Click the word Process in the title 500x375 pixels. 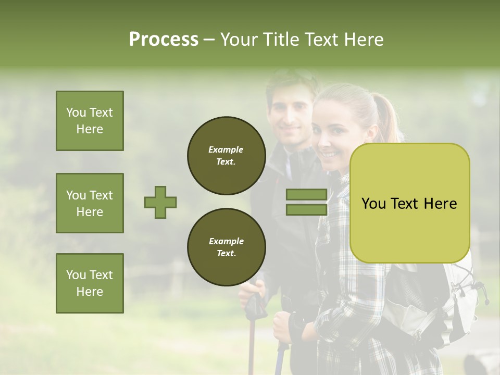tap(164, 40)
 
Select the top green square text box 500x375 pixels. tap(90, 121)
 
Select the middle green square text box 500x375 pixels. tap(90, 203)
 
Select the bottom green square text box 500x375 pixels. tap(90, 283)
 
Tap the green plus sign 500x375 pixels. tap(160, 202)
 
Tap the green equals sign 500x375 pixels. tap(306, 202)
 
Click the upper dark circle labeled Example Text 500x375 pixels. tap(226, 156)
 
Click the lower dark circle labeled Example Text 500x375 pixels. tap(226, 247)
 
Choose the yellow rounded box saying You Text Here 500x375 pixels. tap(409, 203)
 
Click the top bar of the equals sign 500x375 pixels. tap(306, 195)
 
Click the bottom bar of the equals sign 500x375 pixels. tap(306, 209)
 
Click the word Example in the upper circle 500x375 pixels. tap(226, 149)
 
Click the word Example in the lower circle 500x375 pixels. tap(226, 241)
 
